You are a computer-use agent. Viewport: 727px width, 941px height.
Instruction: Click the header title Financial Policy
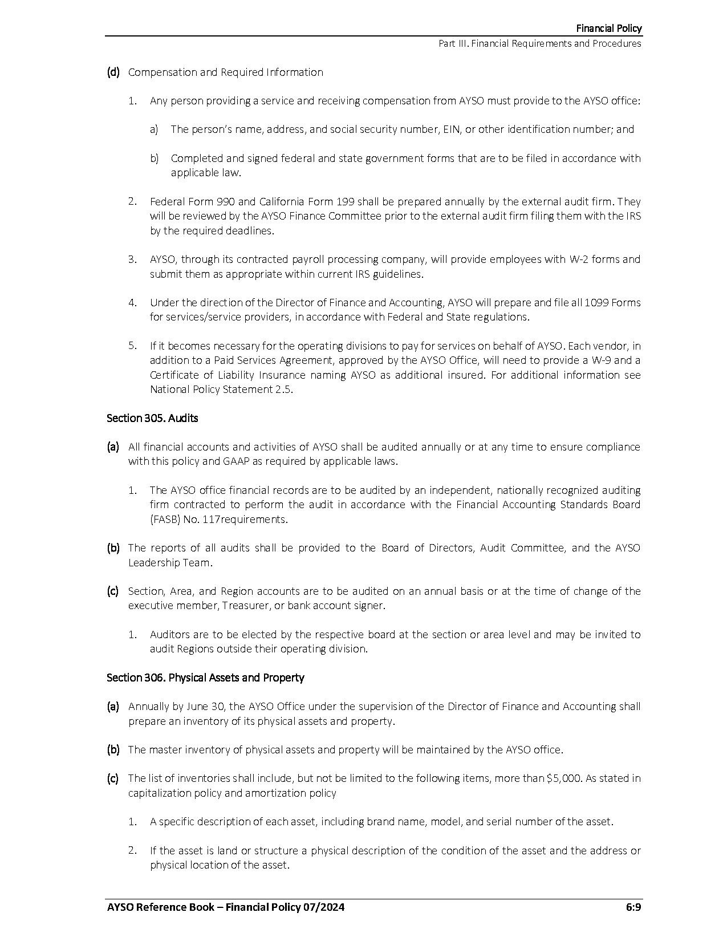click(608, 29)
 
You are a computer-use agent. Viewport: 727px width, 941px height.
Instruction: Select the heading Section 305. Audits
click(152, 418)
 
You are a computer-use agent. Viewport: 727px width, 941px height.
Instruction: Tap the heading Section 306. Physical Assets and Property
click(205, 678)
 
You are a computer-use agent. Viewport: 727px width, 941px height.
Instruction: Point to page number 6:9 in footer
click(633, 907)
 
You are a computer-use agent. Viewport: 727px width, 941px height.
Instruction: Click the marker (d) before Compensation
click(113, 72)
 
